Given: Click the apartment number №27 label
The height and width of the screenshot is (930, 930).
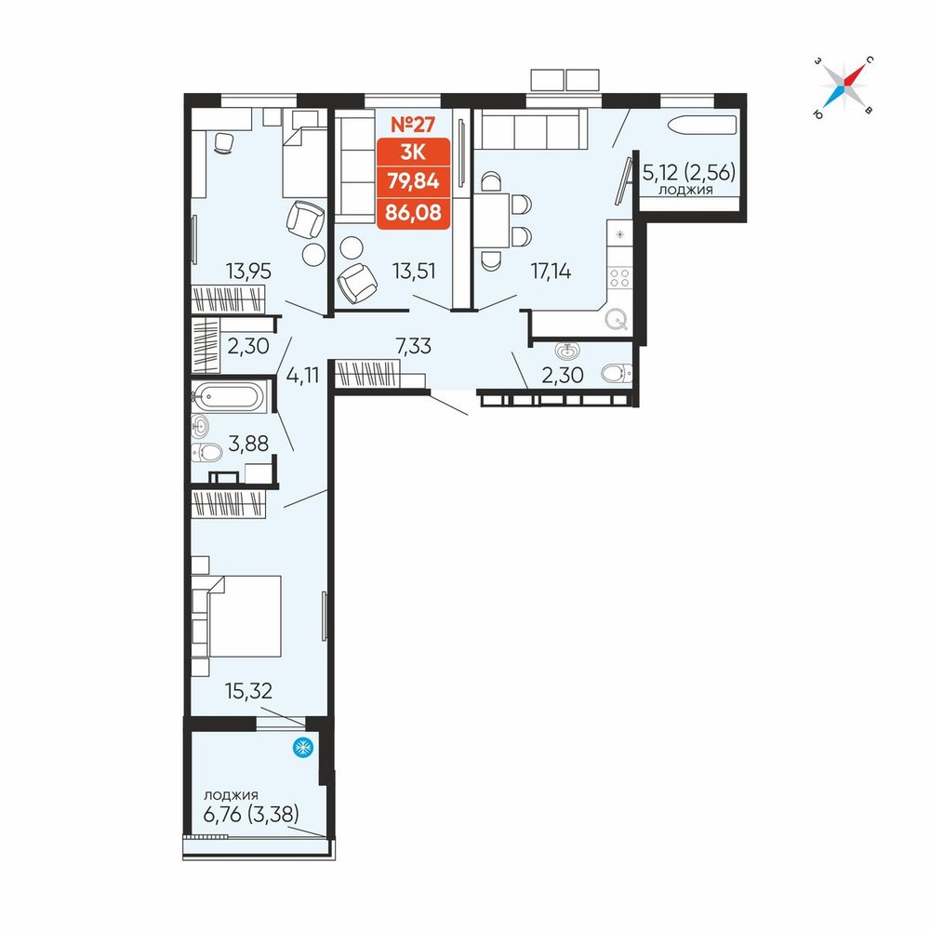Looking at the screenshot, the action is click(x=413, y=125).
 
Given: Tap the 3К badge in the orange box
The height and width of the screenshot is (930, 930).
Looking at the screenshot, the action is click(x=413, y=153).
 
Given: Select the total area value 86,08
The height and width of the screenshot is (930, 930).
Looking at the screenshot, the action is click(x=414, y=212).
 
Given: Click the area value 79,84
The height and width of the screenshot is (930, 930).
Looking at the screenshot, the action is click(x=414, y=181).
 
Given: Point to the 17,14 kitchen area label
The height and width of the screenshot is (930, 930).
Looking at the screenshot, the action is click(x=551, y=272).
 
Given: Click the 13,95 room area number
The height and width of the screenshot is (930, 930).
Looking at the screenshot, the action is click(x=248, y=272).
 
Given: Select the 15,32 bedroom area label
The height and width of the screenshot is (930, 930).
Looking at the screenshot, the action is click(x=248, y=691).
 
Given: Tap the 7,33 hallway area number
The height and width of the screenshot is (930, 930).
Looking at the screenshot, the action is click(x=414, y=346).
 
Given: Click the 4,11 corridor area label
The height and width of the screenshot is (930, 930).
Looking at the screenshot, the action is click(x=302, y=376).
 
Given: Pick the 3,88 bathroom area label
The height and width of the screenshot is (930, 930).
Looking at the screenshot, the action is click(x=248, y=443).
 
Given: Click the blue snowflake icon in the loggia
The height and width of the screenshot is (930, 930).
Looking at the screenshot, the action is click(x=303, y=748).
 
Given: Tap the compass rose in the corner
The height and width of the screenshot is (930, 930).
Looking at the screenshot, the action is click(x=844, y=86).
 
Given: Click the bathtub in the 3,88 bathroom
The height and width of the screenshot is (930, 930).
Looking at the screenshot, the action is click(x=228, y=395).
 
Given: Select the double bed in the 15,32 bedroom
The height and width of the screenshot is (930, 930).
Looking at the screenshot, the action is click(x=245, y=617).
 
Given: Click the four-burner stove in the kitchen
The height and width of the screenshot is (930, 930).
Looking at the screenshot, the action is click(x=619, y=277).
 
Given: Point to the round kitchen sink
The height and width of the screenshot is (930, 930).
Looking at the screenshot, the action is click(x=617, y=321).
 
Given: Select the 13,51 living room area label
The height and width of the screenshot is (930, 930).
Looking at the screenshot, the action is click(x=414, y=272).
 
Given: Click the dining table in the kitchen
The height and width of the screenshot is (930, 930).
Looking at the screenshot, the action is click(x=492, y=220).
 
